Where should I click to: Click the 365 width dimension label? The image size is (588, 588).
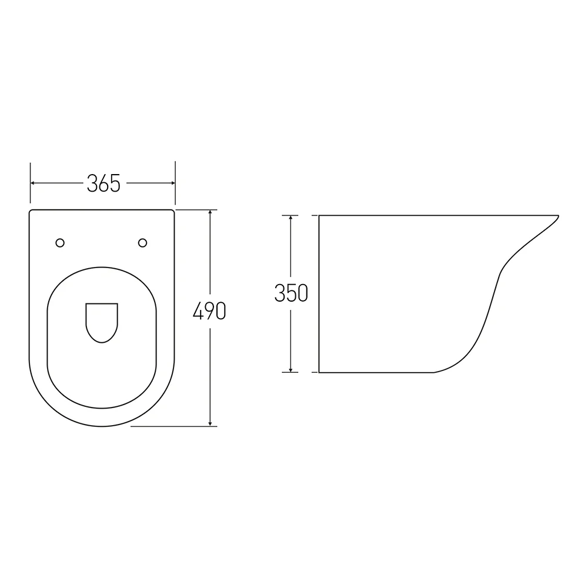point(103,183)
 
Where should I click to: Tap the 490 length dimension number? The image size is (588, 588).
point(209,311)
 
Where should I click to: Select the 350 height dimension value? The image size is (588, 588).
point(291,293)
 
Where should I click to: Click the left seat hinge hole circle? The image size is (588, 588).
point(60,243)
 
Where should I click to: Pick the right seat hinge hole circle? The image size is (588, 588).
point(142,243)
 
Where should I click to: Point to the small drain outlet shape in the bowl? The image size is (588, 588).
point(102,323)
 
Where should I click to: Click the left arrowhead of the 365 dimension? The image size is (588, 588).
point(33,183)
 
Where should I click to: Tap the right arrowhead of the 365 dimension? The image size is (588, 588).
point(172,183)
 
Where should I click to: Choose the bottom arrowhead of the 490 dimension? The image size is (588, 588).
point(210,423)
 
